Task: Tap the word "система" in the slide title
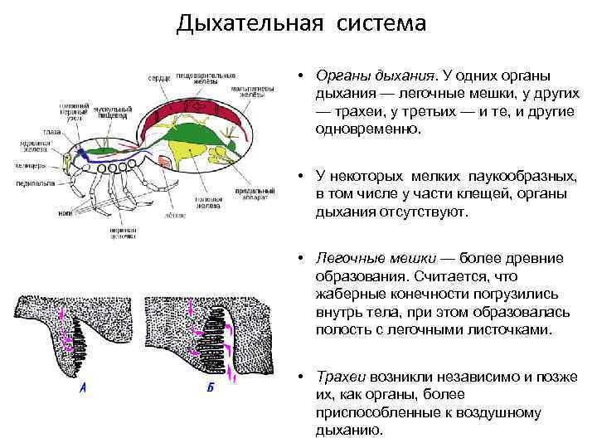tap(381, 22)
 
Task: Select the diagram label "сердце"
tap(159, 78)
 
